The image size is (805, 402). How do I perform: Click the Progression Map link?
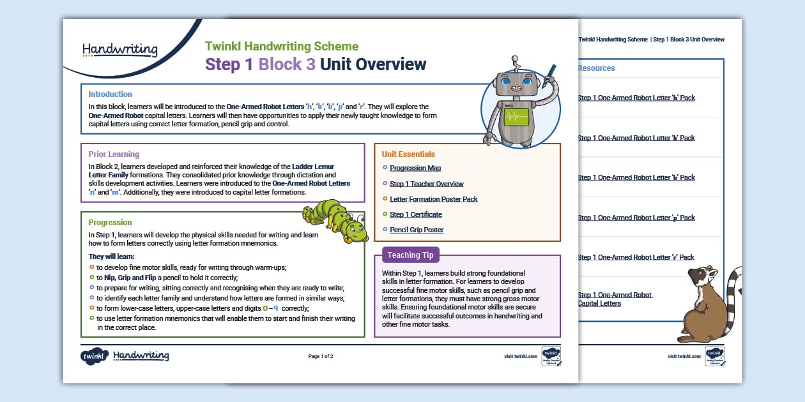coord(415,168)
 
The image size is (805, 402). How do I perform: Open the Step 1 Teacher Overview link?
coord(426,184)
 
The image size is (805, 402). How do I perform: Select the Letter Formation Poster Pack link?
coord(433,199)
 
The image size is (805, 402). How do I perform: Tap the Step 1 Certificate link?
coord(415,214)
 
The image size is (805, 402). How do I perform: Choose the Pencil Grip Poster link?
coord(416,230)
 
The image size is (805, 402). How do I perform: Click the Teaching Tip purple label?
coord(410,255)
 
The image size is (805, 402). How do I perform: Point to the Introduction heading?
coord(110,94)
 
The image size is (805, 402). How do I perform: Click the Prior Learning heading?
coord(113,154)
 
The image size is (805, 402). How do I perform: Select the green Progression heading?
coord(110,223)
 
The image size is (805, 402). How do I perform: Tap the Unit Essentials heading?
coord(408,154)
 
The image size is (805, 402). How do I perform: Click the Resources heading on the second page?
coord(596,68)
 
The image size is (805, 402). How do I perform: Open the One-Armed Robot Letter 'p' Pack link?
coord(636,218)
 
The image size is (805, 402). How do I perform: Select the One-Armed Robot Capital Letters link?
coord(615,299)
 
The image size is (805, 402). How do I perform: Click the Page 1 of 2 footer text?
coord(321,356)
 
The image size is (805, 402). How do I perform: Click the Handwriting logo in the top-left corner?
coord(120,50)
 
